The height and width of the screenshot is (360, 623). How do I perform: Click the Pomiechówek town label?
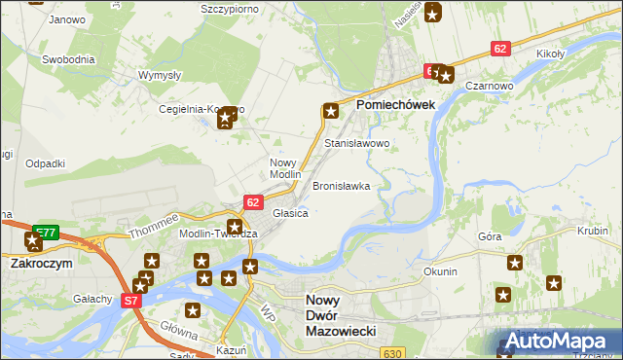click(x=395, y=104)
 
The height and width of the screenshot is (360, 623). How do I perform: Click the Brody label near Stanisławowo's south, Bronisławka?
click(x=341, y=185)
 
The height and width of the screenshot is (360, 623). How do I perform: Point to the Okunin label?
click(x=440, y=271)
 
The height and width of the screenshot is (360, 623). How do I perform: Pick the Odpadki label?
click(x=46, y=163)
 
